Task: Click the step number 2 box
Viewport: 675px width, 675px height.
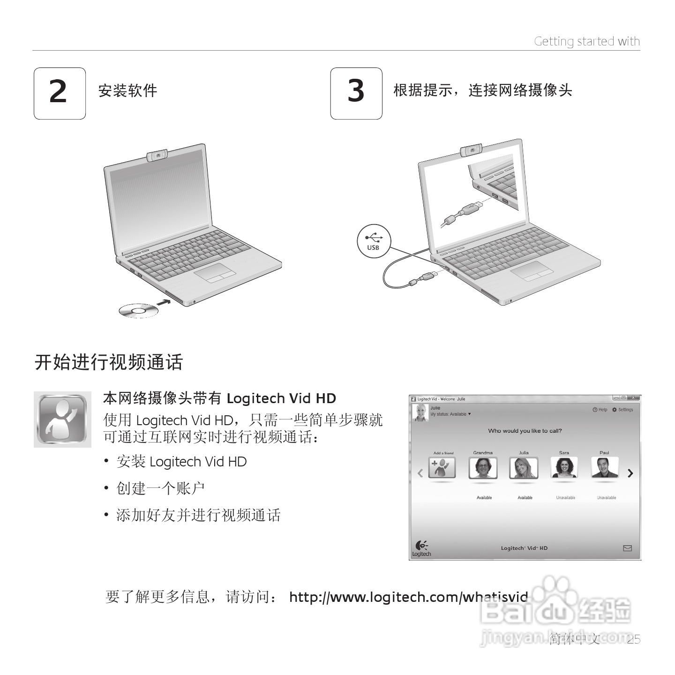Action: point(60,93)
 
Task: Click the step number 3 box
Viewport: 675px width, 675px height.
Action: point(356,93)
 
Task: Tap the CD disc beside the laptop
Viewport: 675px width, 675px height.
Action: point(138,310)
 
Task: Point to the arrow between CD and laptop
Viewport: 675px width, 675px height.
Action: point(164,302)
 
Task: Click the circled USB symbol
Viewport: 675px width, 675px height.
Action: point(373,241)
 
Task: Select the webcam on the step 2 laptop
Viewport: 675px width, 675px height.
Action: point(159,155)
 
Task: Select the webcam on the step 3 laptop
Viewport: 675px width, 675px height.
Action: point(472,150)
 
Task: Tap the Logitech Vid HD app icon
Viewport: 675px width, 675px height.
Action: point(62,419)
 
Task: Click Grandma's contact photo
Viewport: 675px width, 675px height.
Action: point(483,468)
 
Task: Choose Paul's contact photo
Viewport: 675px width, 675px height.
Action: point(604,468)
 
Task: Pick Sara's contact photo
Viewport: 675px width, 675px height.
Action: point(564,468)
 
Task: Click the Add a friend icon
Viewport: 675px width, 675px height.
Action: point(442,468)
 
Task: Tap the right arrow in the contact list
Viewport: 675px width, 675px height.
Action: point(630,473)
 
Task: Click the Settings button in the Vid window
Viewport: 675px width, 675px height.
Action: point(622,410)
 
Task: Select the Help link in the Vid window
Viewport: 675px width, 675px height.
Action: point(600,410)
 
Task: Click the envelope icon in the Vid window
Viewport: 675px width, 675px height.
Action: point(627,548)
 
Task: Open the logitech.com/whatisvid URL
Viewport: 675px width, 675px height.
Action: point(408,597)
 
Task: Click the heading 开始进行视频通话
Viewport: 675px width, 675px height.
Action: point(109,362)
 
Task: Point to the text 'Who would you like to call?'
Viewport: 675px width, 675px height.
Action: point(525,431)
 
